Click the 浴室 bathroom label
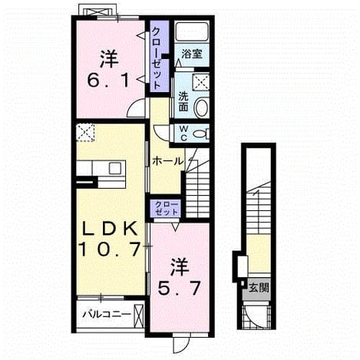(192, 54)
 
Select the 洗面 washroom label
(183, 101)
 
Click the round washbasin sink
(201, 107)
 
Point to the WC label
(183, 133)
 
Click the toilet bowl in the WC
(200, 134)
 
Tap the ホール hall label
(167, 161)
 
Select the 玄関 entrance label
(259, 288)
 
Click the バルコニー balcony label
(107, 314)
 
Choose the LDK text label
(111, 230)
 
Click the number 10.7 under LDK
(111, 249)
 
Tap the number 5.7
(178, 288)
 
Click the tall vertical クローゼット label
(157, 58)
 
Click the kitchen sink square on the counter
(115, 168)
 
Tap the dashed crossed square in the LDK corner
(86, 132)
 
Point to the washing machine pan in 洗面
(200, 82)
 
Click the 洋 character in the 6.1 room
(109, 59)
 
